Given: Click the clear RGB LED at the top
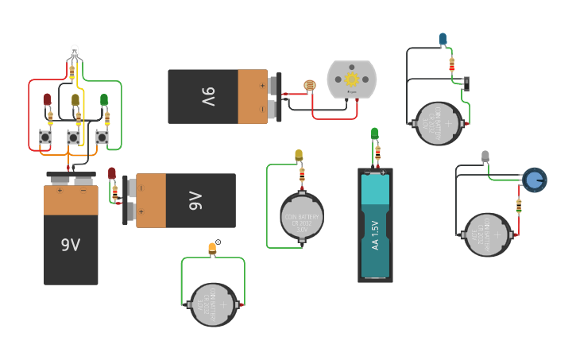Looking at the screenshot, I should pos(74,52).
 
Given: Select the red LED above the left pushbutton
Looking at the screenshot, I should pos(47,99).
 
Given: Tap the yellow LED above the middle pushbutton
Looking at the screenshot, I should pos(75,100).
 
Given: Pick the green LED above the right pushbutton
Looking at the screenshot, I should pos(104,99).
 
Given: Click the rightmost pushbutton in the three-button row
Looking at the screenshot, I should pos(102,137).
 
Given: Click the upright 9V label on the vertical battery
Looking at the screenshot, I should pos(71,245).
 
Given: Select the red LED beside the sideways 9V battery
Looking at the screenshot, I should pos(112,173).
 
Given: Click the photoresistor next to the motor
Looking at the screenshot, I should pos(309,85).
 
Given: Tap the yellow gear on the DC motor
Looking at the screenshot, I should pos(351,79).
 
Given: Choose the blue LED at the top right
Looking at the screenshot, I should pos(443,39).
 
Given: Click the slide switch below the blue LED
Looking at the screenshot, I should pos(466,83).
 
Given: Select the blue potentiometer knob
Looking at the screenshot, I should pos(535,180).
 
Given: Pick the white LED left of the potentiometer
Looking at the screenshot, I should pos(485,157).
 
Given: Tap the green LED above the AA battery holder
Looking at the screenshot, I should pos(375,134).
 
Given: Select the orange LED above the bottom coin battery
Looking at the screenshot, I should pos(212,249).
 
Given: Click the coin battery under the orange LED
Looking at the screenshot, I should pos(214,304).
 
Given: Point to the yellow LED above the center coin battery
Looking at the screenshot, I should pos(299,155).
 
